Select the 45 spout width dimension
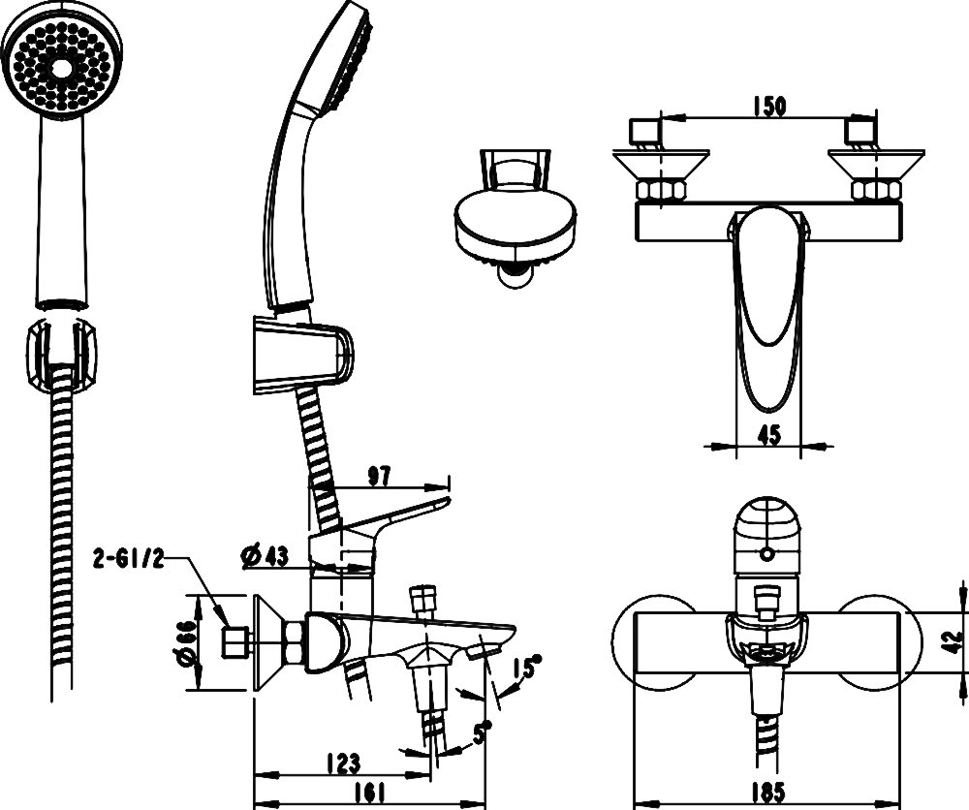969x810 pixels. (x=768, y=436)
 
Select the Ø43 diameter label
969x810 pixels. (x=263, y=555)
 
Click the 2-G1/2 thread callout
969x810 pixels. (x=127, y=557)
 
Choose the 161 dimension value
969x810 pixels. (x=365, y=791)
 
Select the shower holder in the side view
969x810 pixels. (x=300, y=353)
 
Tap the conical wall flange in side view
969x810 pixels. (x=266, y=642)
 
